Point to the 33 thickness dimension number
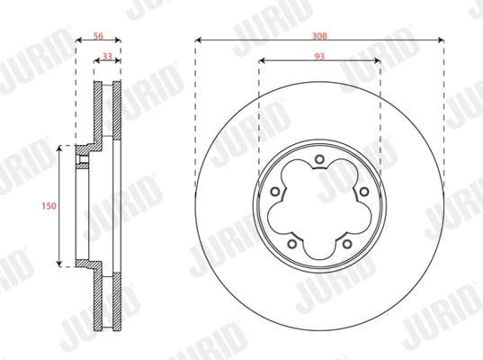click(x=107, y=56)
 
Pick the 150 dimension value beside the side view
click(x=49, y=206)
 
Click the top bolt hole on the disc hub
click(x=320, y=162)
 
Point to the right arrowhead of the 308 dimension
click(x=442, y=40)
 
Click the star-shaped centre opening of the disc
click(x=320, y=206)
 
